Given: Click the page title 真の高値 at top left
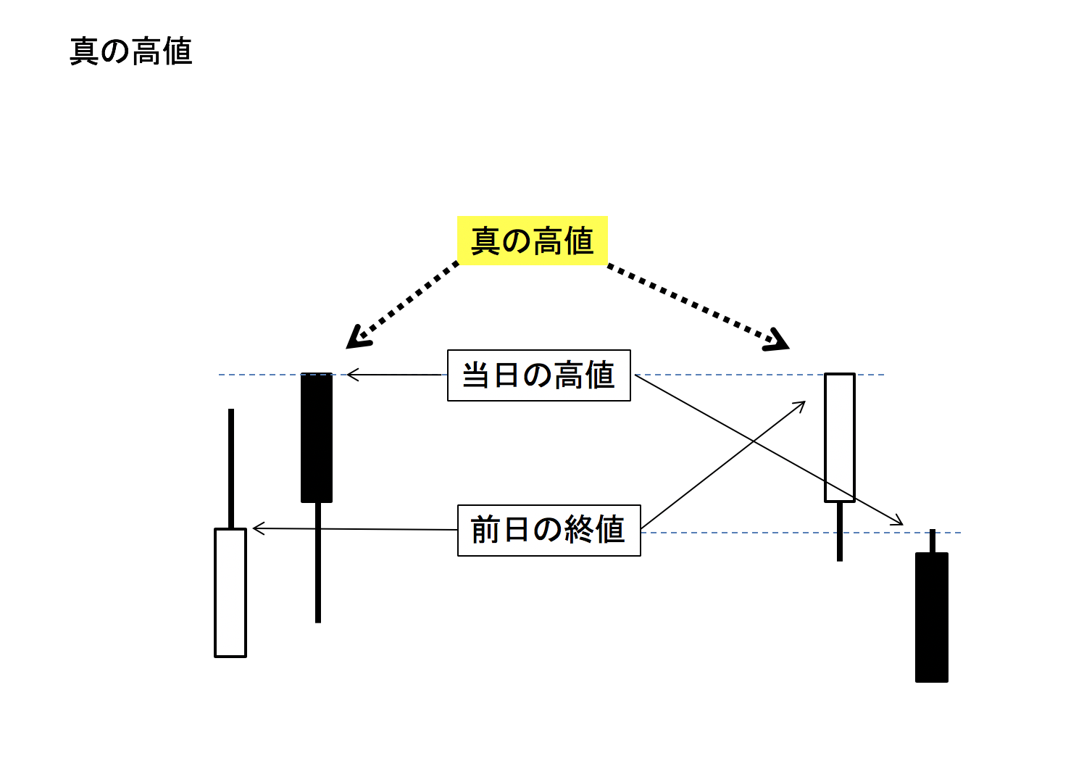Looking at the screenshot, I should tap(131, 52).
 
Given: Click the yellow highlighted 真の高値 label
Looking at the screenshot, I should tap(533, 241).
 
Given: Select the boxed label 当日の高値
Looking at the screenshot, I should tap(539, 375).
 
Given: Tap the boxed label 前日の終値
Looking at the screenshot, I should tap(549, 531).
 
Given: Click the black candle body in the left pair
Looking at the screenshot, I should tap(317, 438).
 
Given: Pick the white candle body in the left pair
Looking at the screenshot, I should tap(230, 593).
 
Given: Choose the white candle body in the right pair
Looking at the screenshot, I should tap(840, 438).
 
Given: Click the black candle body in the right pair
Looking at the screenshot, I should tap(932, 617).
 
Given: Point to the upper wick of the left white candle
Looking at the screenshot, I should tap(231, 468).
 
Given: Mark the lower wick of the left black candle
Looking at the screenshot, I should tap(318, 562).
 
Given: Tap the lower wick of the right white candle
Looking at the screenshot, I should tap(840, 531).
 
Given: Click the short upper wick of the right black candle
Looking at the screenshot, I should tap(933, 541).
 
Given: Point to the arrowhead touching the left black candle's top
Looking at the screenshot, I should tap(352, 375).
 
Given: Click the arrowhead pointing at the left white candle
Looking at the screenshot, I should tap(258, 528).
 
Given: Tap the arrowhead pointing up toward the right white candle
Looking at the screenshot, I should tap(801, 405).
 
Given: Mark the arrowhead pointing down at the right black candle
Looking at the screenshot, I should tap(899, 521).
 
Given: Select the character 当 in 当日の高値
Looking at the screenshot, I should tap(476, 375).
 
